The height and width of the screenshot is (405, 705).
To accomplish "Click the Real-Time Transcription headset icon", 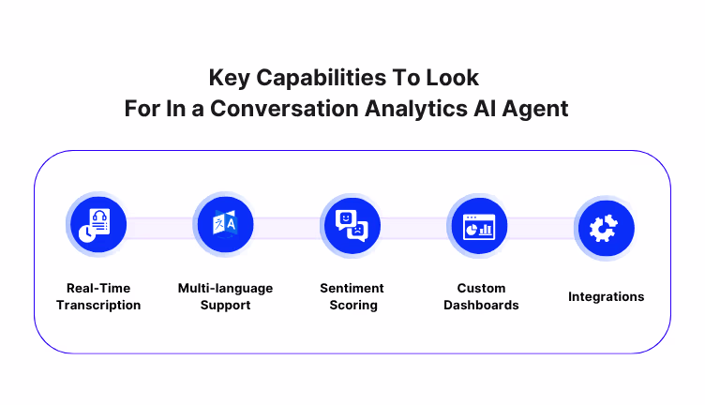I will click(97, 226).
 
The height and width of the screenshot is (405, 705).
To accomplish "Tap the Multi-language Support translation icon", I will click(224, 226).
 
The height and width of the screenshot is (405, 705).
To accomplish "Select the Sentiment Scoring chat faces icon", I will click(351, 226).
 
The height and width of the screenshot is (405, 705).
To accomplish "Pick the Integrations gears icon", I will click(605, 227).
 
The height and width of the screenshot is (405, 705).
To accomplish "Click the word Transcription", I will click(98, 305).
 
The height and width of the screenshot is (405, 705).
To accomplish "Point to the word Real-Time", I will click(98, 288).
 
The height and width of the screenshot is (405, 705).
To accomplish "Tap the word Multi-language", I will click(225, 288).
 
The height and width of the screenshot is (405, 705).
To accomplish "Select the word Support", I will click(225, 305).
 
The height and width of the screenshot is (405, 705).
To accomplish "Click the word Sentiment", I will click(352, 288).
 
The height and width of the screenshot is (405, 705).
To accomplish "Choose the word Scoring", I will click(352, 305).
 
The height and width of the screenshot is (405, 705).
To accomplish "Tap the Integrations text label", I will click(606, 296).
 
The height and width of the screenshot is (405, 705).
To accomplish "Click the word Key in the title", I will click(227, 76).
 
